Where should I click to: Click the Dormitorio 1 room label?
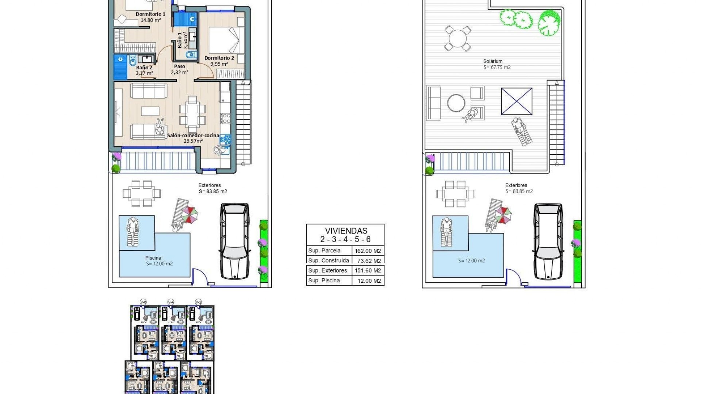pyautogui.click(x=150, y=14)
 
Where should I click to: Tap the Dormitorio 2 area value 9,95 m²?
pyautogui.click(x=219, y=64)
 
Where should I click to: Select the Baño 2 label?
pyautogui.click(x=144, y=67)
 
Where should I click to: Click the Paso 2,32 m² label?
pyautogui.click(x=179, y=69)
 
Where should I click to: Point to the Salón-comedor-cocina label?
pyautogui.click(x=193, y=135)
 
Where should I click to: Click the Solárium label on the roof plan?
pyautogui.click(x=493, y=61)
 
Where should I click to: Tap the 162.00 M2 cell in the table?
pyautogui.click(x=368, y=251)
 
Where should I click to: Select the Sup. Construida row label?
pyautogui.click(x=328, y=260)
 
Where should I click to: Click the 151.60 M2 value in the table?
pyautogui.click(x=368, y=271)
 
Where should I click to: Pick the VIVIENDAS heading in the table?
pyautogui.click(x=346, y=231)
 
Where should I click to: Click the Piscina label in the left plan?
pyautogui.click(x=153, y=258)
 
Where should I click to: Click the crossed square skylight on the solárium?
pyautogui.click(x=517, y=101)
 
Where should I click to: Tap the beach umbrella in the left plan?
pyautogui.click(x=190, y=215)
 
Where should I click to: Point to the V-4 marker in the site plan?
pyautogui.click(x=171, y=302)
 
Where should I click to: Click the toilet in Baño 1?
pyautogui.click(x=191, y=55)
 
